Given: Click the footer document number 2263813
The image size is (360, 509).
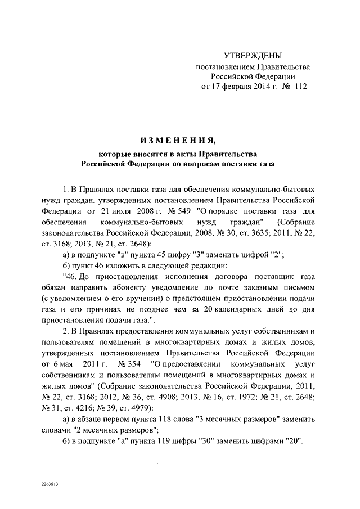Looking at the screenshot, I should point(51,484).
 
